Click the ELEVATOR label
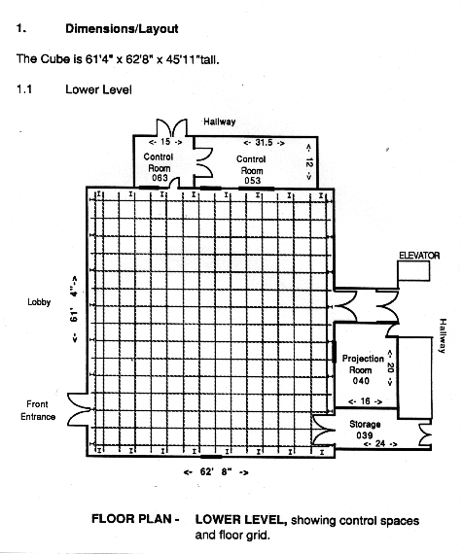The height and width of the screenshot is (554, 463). (x=419, y=256)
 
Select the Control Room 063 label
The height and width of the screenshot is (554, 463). (x=159, y=167)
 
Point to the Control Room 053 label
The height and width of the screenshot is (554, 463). (x=251, y=169)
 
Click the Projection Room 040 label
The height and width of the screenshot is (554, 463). (x=363, y=369)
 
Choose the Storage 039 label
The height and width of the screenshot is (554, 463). (x=365, y=430)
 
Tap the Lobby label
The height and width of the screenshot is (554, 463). (x=39, y=302)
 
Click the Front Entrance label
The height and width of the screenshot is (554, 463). (x=38, y=410)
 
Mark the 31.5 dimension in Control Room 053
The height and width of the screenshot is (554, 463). (x=264, y=142)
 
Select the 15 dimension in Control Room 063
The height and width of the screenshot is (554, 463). (x=165, y=142)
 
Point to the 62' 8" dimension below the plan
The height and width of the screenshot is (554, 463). (x=216, y=471)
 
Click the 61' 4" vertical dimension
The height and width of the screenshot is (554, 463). (x=74, y=309)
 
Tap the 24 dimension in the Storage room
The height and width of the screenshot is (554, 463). (x=380, y=443)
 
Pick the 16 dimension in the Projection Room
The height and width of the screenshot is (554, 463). (x=365, y=401)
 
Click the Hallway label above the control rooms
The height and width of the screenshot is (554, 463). (x=219, y=121)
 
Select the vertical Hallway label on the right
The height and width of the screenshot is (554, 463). (x=443, y=335)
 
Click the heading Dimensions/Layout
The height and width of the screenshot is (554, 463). (x=122, y=28)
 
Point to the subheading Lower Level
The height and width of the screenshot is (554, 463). (x=98, y=89)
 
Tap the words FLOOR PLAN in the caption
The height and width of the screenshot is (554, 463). (x=131, y=519)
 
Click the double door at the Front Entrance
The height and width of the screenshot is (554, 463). (x=79, y=410)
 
